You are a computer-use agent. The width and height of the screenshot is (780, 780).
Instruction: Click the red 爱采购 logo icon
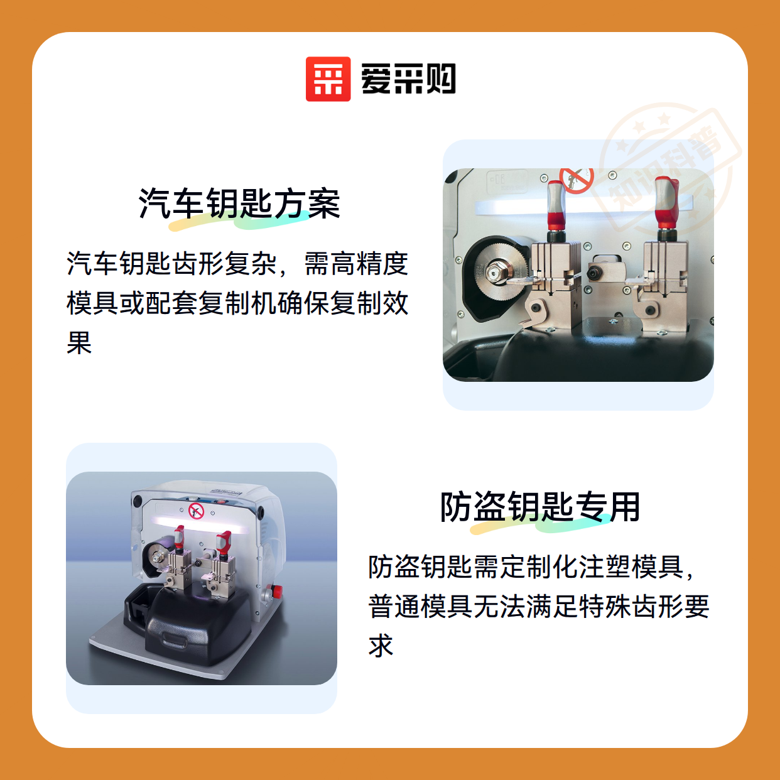[328, 79]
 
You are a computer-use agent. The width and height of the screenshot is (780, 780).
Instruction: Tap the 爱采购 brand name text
[408, 79]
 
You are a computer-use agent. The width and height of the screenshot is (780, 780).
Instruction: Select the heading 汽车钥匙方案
[239, 203]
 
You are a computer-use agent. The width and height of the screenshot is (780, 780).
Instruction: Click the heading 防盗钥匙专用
[540, 506]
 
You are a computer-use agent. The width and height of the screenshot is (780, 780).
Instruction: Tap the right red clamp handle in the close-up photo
[666, 202]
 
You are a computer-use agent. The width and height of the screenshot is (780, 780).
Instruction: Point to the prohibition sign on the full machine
[196, 511]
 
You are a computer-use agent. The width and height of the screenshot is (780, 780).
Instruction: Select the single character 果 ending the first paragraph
[79, 342]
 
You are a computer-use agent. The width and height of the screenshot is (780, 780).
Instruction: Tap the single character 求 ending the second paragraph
[381, 645]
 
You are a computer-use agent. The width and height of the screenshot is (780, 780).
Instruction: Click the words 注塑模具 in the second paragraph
[631, 566]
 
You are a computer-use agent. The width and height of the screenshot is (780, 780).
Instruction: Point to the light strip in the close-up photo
[583, 207]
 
